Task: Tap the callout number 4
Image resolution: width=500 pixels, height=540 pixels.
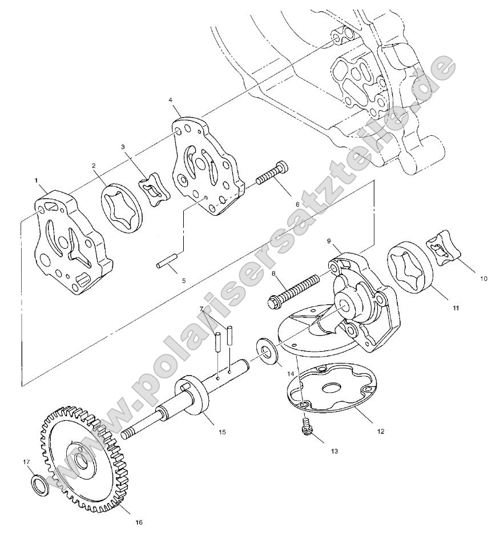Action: point(171,100)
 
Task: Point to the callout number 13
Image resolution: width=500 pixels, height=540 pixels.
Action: point(334,451)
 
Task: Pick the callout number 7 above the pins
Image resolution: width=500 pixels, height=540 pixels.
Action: point(201,309)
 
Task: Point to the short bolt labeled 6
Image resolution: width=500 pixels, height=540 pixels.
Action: point(272,174)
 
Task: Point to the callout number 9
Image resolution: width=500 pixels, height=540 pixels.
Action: point(329,241)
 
